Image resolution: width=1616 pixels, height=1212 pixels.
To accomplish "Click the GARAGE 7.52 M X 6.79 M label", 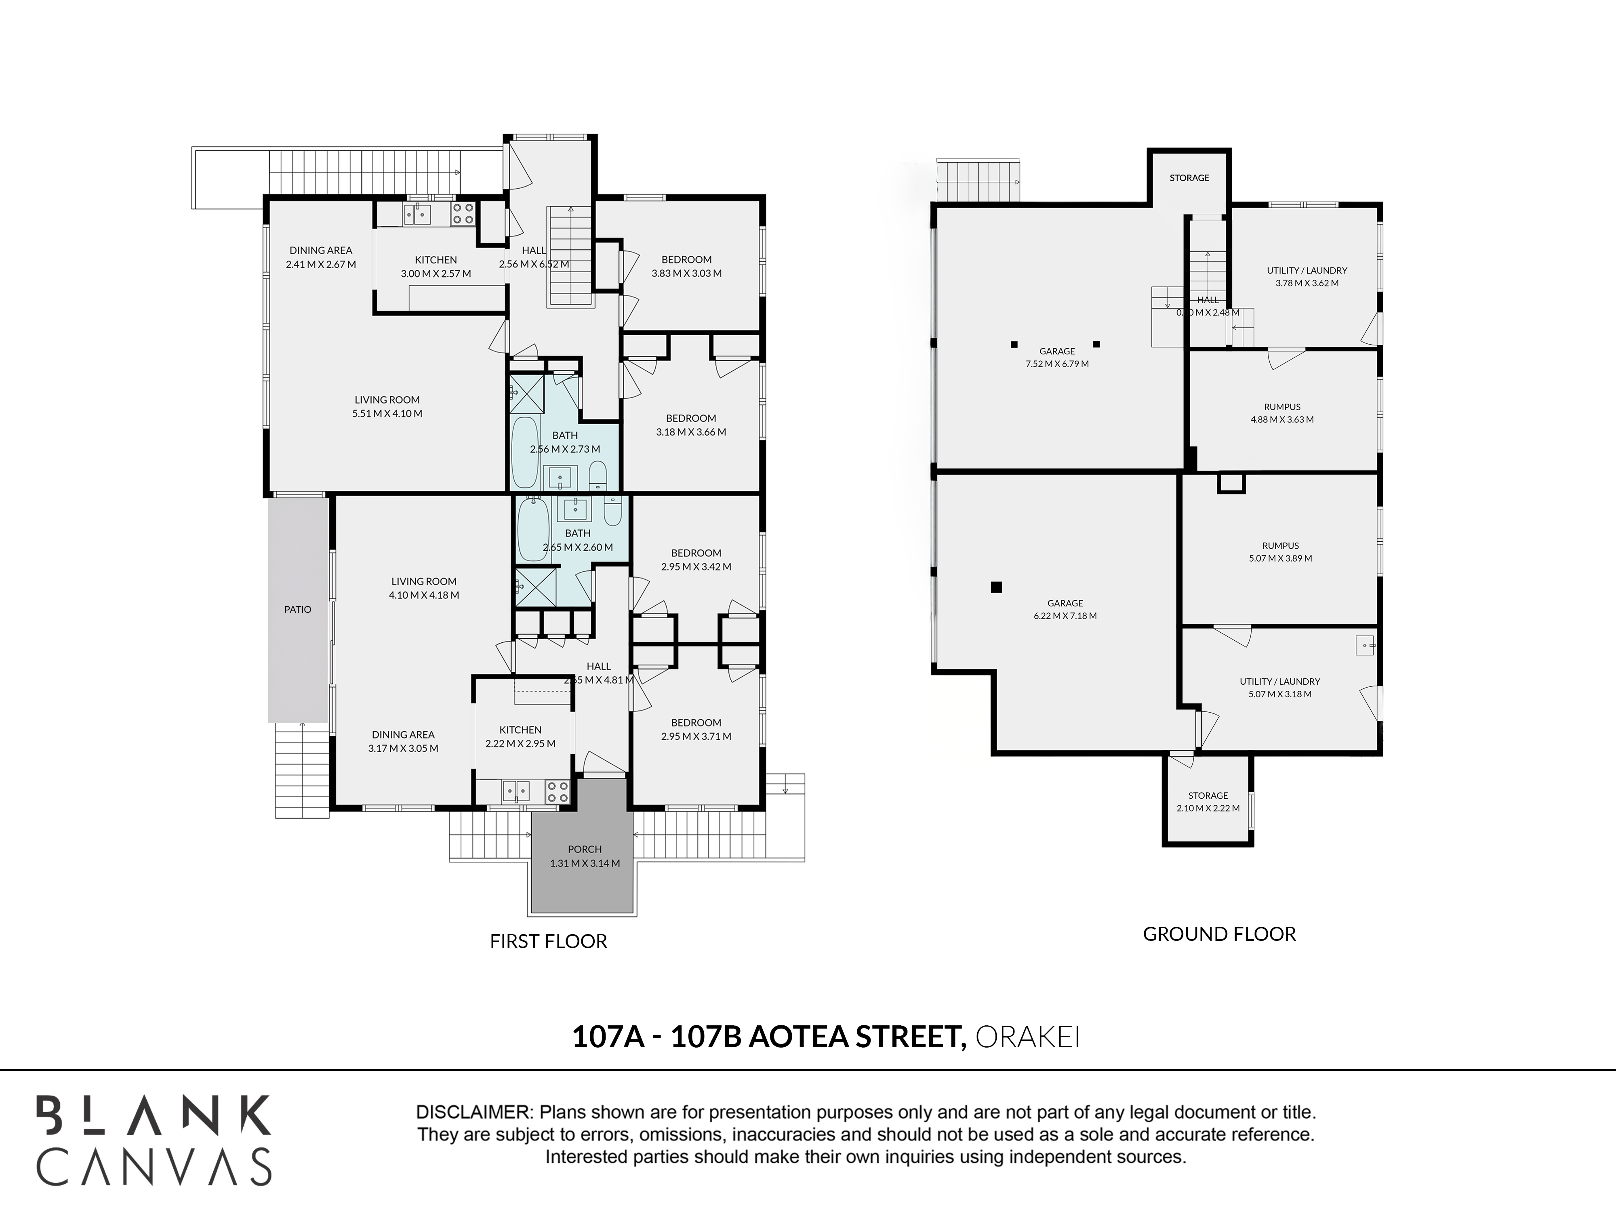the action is pyautogui.click(x=1057, y=357).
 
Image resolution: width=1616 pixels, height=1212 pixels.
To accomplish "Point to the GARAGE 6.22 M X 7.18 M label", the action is pyautogui.click(x=1065, y=609).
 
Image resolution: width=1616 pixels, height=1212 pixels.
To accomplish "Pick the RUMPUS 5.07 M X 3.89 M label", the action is pyautogui.click(x=1281, y=551).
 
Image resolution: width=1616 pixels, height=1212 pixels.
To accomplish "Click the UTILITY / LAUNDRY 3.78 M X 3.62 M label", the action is pyautogui.click(x=1307, y=277).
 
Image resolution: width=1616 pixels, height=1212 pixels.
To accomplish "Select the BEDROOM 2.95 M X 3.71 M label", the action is pyautogui.click(x=696, y=729).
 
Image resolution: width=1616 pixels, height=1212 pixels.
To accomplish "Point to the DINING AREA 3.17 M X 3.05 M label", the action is pyautogui.click(x=403, y=741).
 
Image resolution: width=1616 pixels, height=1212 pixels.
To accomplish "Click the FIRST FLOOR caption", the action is pyautogui.click(x=549, y=941).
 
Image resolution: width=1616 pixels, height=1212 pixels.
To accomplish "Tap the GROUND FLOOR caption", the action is pyautogui.click(x=1219, y=934).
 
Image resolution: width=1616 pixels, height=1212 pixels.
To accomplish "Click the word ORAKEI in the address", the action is pyautogui.click(x=1028, y=1037).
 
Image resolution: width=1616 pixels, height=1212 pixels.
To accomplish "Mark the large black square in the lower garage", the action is pyautogui.click(x=997, y=587).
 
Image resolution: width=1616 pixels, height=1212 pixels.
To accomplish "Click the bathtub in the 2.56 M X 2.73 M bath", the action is pyautogui.click(x=524, y=452).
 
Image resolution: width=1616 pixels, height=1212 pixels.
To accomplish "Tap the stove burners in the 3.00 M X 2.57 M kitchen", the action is pyautogui.click(x=463, y=213).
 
